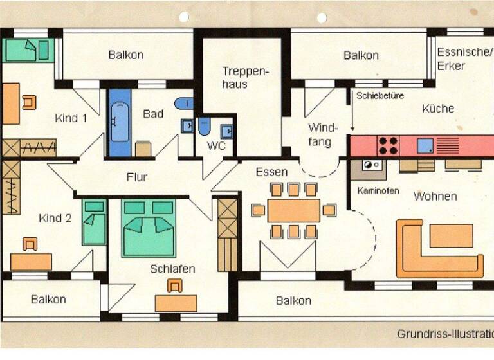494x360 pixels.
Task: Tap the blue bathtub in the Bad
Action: point(119,123)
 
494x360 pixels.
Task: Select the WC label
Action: point(216,146)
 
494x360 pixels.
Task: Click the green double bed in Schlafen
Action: point(149,228)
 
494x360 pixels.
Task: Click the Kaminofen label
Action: point(378,191)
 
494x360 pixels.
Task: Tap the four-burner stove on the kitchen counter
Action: point(388,145)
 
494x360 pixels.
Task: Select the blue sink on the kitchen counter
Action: point(425,146)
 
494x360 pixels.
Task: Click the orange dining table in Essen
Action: point(294,210)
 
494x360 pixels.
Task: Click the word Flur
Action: point(137,177)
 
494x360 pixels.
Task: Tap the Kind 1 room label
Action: point(71,118)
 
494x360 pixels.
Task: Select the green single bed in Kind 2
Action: point(95,222)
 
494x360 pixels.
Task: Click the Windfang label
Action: point(320,134)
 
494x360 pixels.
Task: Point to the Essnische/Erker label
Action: point(462,59)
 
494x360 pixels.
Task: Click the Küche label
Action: point(438,109)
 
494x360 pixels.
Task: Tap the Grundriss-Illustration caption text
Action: point(444,334)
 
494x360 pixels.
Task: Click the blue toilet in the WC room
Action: point(204,125)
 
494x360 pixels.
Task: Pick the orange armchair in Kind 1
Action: point(29,102)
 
